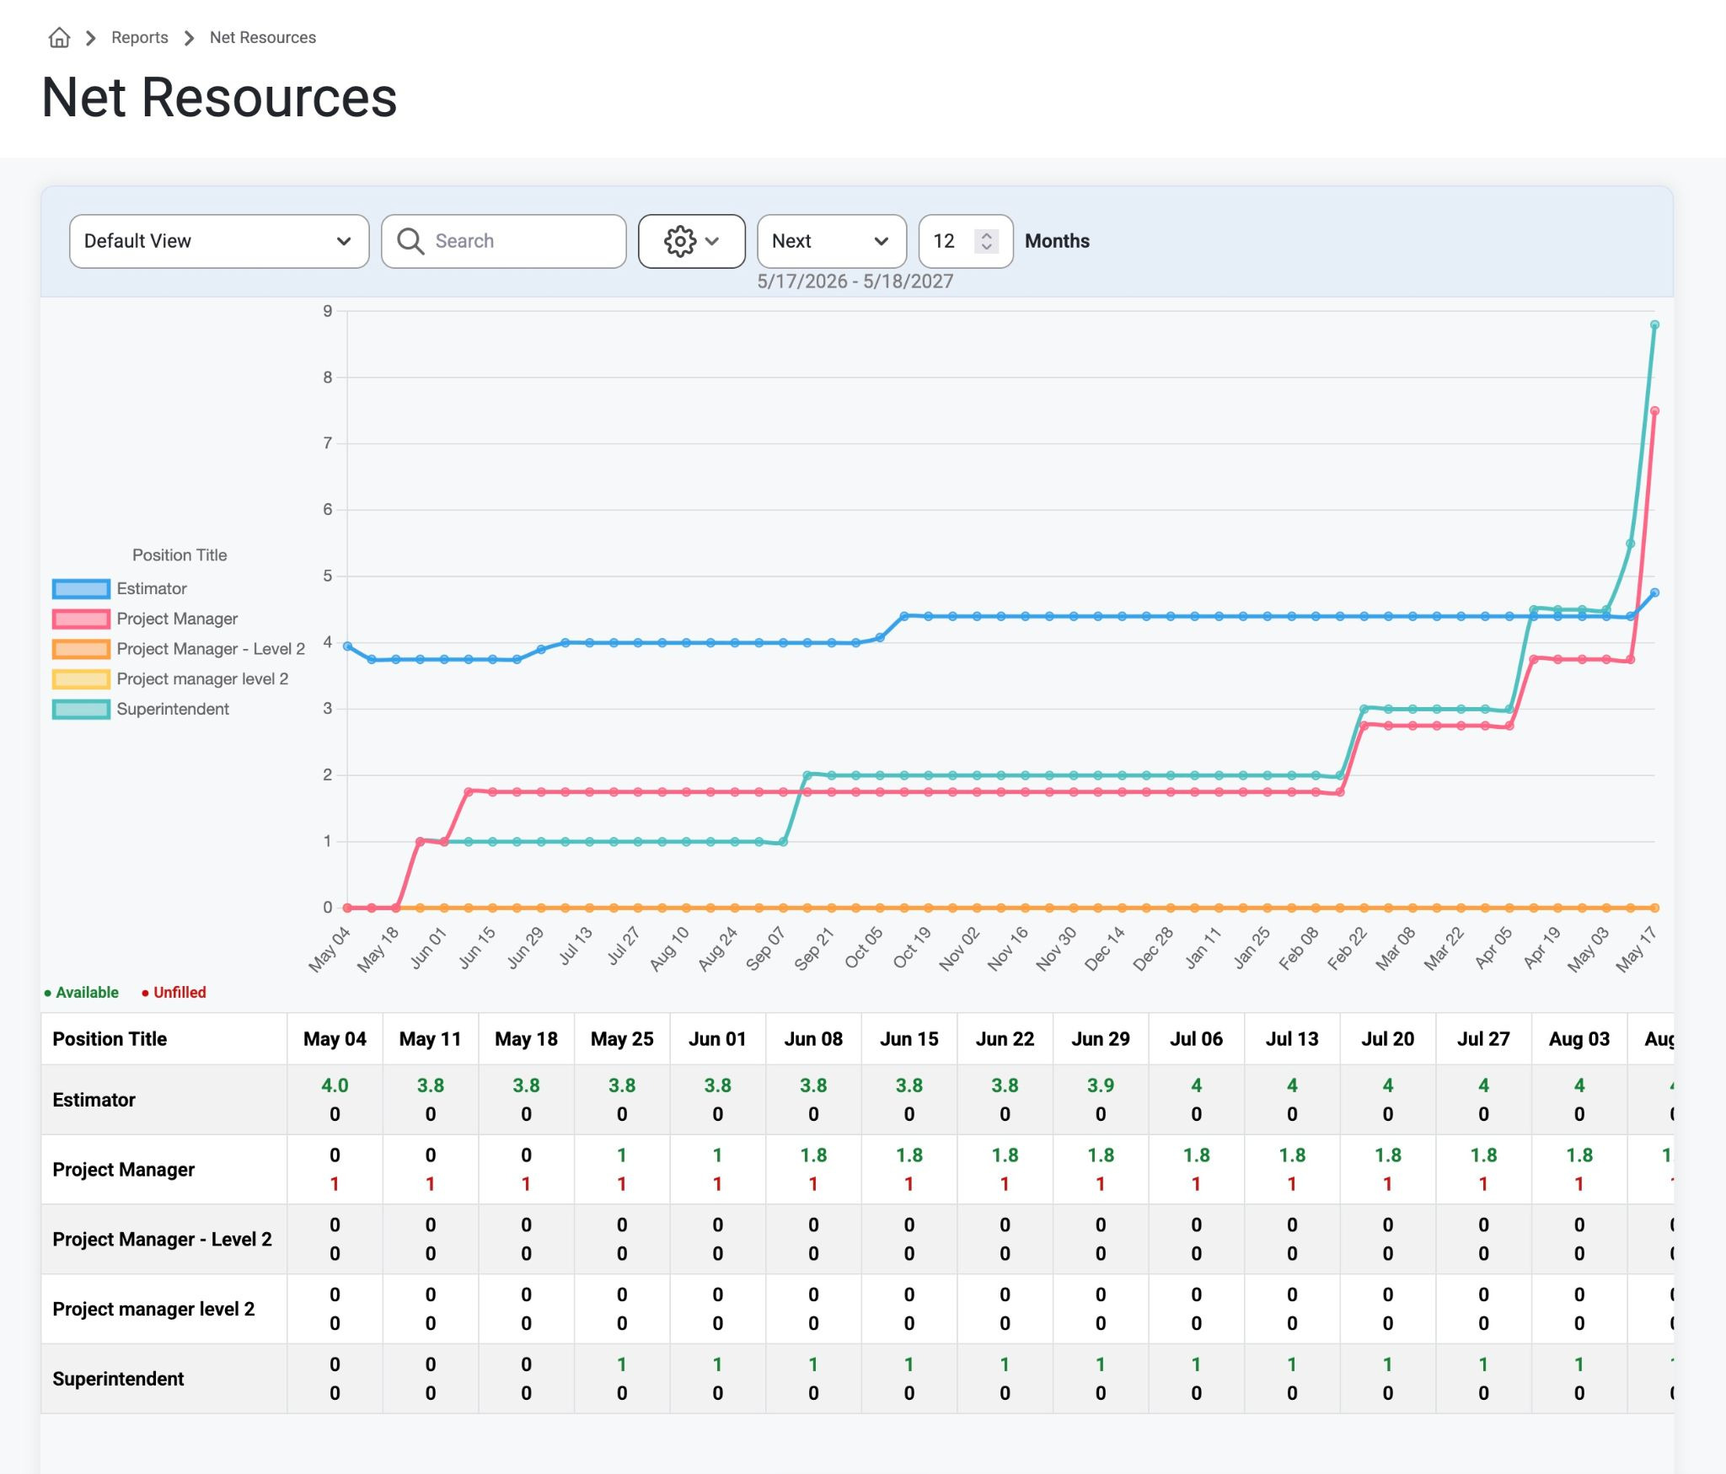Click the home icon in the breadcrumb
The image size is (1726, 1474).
coord(59,38)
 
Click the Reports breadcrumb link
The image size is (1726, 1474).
coord(140,38)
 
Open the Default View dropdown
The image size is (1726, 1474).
coord(219,241)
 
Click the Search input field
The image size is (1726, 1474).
coord(504,241)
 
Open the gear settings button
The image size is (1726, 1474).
coord(692,241)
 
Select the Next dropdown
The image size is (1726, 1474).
coord(832,241)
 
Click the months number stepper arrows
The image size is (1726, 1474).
coord(986,241)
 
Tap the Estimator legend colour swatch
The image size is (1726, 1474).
coord(81,588)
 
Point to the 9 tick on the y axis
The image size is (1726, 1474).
coord(328,311)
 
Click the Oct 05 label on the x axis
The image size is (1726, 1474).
coord(864,947)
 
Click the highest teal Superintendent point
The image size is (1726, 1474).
coord(1654,324)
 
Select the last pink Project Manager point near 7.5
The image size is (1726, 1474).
coord(1654,411)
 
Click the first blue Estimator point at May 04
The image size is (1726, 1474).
coord(347,646)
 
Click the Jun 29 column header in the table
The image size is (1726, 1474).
coord(1101,1039)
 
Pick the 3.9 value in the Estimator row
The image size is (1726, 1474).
coord(1101,1085)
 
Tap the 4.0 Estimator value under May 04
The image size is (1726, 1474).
coord(335,1085)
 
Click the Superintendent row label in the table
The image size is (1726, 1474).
coord(118,1379)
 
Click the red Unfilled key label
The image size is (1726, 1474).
coord(180,993)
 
